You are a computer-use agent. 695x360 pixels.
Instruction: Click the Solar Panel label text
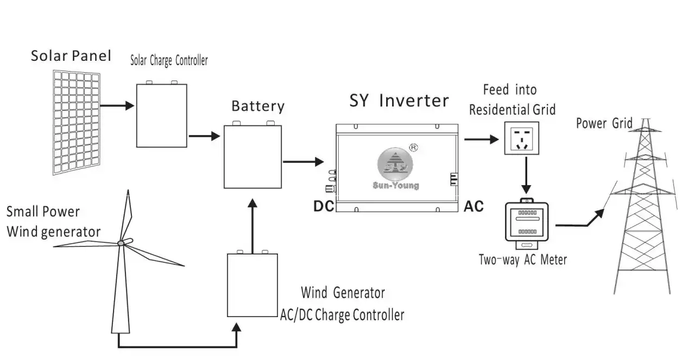(71, 55)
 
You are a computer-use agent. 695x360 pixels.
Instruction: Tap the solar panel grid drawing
(77, 122)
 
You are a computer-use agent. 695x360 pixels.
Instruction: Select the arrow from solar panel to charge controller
(117, 105)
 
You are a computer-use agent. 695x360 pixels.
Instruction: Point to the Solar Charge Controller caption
(168, 60)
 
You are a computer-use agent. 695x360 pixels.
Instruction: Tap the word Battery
(257, 105)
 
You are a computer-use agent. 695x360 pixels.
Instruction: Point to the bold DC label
(324, 206)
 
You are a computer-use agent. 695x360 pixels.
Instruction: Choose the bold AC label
(473, 207)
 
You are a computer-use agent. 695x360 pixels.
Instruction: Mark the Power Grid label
(604, 123)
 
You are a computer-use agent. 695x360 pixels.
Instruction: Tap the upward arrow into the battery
(251, 223)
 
